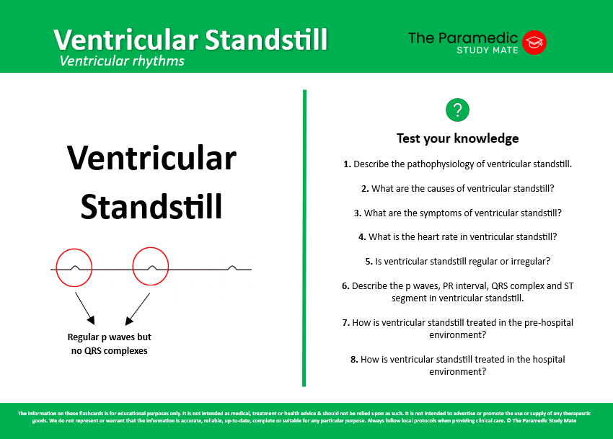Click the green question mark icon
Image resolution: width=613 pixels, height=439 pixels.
coord(457,110)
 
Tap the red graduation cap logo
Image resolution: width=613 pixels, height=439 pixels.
coord(534,42)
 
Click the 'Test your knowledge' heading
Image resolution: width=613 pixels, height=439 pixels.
coord(457,138)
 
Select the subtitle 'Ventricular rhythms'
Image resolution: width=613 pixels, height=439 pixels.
coord(122,61)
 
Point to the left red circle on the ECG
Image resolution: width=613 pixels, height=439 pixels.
coord(75,266)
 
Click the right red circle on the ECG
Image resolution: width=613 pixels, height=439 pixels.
coord(151,266)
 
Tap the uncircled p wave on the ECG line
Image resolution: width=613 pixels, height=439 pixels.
coord(231,267)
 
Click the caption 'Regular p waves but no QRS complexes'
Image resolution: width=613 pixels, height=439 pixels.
coord(109,343)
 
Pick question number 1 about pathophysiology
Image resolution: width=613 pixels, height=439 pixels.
coord(457,164)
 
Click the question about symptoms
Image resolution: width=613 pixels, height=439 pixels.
coord(457,213)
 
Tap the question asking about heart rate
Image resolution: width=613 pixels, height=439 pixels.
coord(457,236)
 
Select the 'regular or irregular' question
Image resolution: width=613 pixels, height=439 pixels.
coord(457,261)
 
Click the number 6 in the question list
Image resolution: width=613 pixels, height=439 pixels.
coord(345,285)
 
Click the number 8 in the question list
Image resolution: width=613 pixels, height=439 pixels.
coord(353,359)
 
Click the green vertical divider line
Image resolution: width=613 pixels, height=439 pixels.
coord(305,238)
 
